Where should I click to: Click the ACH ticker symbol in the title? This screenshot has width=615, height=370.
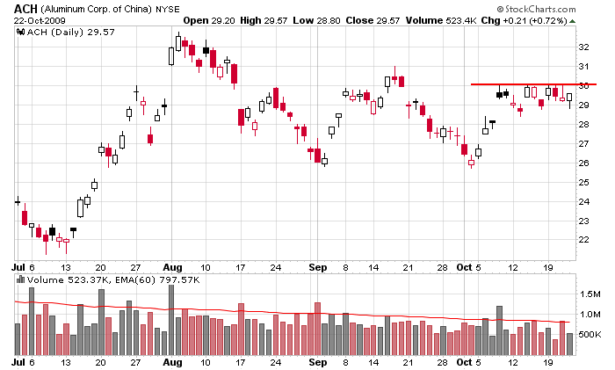(x=24, y=8)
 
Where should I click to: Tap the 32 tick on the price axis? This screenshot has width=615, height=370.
(x=583, y=47)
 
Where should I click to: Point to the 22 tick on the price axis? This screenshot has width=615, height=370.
(x=583, y=240)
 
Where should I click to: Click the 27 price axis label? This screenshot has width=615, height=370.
(x=583, y=144)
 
